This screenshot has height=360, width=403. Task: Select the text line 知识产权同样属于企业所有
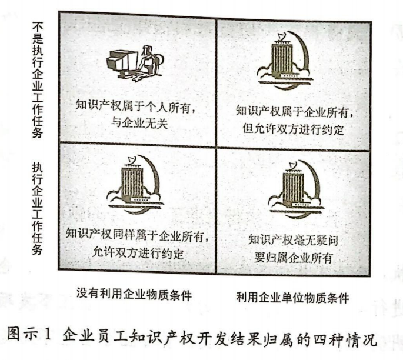tap(138, 237)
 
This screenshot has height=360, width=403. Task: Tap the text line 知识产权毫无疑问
tap(292, 240)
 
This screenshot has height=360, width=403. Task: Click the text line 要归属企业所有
tap(292, 257)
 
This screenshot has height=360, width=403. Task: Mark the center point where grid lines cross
tap(216, 145)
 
